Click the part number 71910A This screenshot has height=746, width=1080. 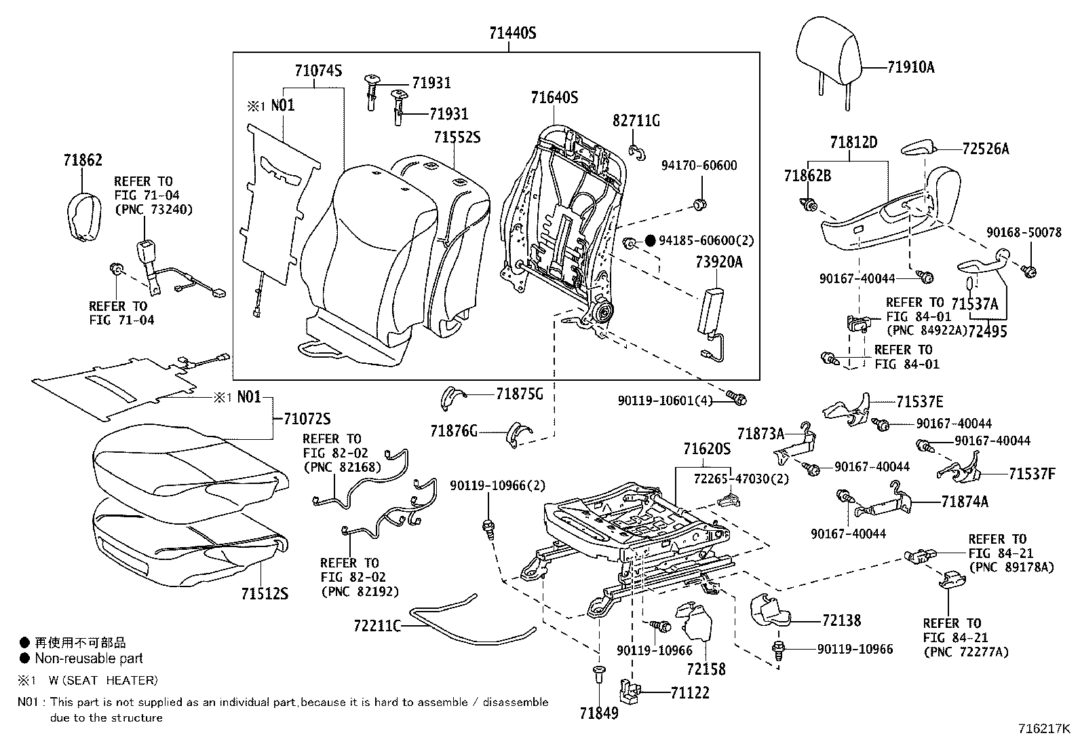(910, 67)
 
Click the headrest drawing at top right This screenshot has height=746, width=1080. (829, 48)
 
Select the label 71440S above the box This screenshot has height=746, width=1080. (512, 32)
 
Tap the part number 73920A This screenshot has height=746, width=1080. (718, 261)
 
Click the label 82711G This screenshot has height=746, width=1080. (636, 121)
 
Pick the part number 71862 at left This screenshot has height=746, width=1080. (83, 160)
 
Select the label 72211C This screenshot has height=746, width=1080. (377, 624)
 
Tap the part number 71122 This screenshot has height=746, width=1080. (690, 692)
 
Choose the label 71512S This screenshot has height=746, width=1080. (264, 593)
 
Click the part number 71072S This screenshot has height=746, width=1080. (307, 418)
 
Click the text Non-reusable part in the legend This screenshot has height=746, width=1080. (89, 658)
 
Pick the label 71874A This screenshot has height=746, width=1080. (965, 502)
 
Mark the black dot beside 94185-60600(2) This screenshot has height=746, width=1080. (650, 240)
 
